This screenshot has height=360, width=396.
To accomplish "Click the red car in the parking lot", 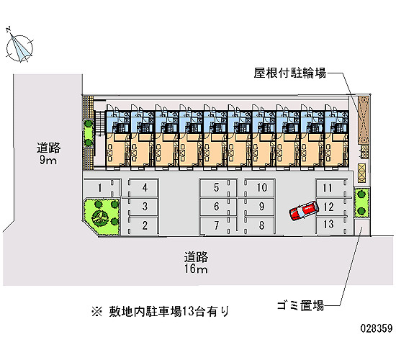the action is tap(304, 210).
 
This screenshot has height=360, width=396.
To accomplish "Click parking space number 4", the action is tap(143, 188).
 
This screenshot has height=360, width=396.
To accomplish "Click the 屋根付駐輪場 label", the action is tap(290, 73).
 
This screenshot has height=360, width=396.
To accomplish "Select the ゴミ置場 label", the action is tap(300, 305).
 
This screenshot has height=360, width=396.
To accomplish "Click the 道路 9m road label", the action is tap(48, 153).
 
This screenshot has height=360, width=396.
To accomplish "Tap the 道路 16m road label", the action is tap(196, 263).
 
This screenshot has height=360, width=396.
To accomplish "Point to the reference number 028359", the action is tap(377, 328).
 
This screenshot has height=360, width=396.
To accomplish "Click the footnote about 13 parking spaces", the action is tap(161, 311).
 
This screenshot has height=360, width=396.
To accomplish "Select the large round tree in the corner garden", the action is tap(100, 217).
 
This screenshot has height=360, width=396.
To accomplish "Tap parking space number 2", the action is tap(143, 225).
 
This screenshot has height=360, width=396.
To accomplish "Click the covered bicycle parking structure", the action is tap(364, 120).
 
